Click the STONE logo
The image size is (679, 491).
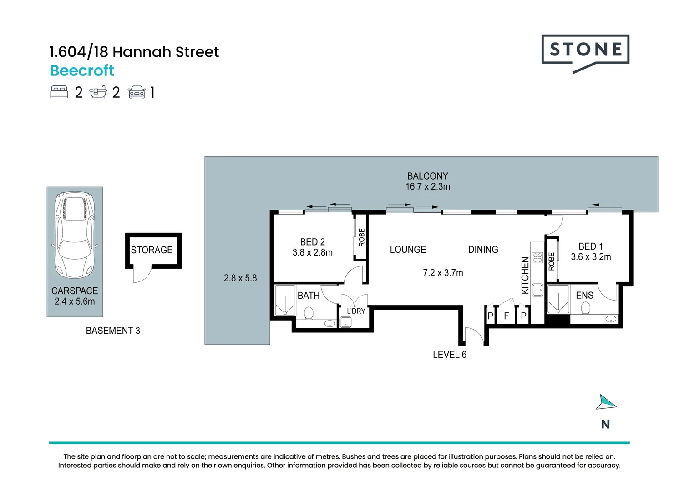click(585, 50)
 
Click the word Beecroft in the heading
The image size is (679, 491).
click(82, 70)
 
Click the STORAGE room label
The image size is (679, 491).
click(152, 250)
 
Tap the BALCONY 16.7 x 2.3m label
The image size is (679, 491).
click(427, 181)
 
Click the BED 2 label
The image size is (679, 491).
click(312, 242)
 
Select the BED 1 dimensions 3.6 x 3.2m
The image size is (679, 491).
click(591, 257)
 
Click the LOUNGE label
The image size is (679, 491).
click(408, 250)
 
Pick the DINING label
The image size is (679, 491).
click(483, 250)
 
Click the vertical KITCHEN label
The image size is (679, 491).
click(525, 275)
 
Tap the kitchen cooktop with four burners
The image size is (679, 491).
click(537, 258)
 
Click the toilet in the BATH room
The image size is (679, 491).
click(309, 313)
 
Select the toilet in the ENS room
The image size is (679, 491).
click(586, 309)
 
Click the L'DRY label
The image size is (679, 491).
click(356, 311)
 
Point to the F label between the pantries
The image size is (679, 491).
click(506, 316)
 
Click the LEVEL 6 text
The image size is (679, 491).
click(449, 355)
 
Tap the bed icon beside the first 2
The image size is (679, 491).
click(59, 92)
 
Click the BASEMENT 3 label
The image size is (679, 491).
click(113, 331)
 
